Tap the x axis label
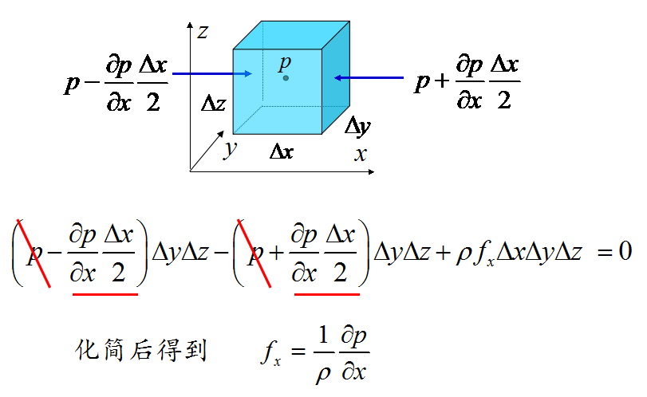point(360,155)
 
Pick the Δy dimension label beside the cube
point(357,126)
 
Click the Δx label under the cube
point(281,150)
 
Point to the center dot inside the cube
point(286,78)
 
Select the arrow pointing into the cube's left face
point(211,74)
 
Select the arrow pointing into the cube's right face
point(369,77)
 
